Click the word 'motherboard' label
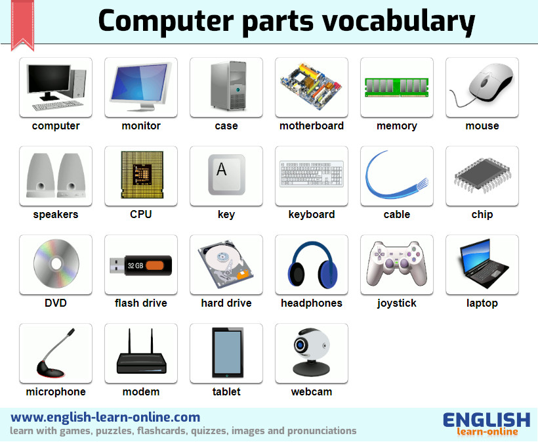point(312,125)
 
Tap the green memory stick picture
point(397,87)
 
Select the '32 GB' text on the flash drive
point(135,265)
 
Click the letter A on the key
point(222,169)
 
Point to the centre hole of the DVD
point(56,264)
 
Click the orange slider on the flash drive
point(155,265)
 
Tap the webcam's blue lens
point(300,344)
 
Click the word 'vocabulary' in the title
point(398,21)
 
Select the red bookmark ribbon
point(23,25)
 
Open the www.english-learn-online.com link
point(106,417)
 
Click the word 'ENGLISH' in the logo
point(487,420)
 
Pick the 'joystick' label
point(397,303)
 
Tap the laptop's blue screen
point(477,255)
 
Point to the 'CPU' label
point(140,214)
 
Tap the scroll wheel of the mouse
point(484,83)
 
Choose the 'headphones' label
point(312,303)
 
